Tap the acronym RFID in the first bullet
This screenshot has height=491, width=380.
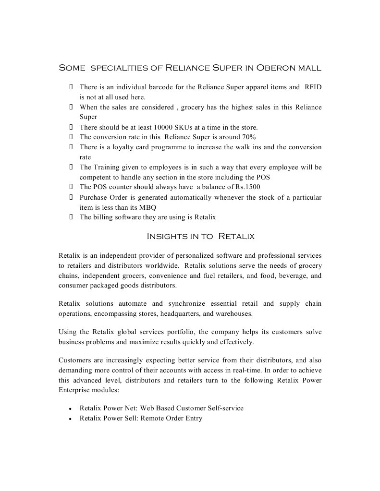(313, 87)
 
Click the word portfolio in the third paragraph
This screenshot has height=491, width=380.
(179, 332)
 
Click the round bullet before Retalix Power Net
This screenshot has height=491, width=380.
(71, 409)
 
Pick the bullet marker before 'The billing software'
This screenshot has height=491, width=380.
(71, 217)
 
